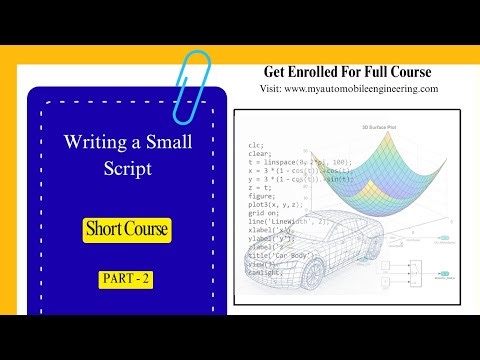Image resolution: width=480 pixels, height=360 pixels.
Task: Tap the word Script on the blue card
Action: [x=127, y=169]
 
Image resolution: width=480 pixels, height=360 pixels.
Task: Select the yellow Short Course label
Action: [x=127, y=230]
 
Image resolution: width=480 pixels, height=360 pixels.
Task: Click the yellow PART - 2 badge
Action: [x=126, y=279]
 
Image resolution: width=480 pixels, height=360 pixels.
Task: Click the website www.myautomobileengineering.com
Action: [x=361, y=88]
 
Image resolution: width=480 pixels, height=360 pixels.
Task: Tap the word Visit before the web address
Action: [x=270, y=88]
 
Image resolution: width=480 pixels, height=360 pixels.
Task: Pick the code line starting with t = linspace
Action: [x=294, y=162]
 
